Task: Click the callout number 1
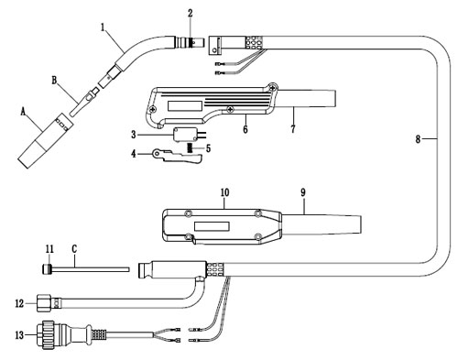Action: pyautogui.click(x=104, y=27)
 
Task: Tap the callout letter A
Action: pyautogui.click(x=23, y=112)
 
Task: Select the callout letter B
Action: pyautogui.click(x=54, y=81)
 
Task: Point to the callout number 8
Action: pyautogui.click(x=418, y=139)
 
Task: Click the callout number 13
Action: pyautogui.click(x=19, y=335)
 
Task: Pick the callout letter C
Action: pyautogui.click(x=74, y=249)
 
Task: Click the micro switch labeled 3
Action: pyautogui.click(x=186, y=135)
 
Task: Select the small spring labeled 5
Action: pyautogui.click(x=190, y=148)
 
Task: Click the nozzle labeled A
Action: pyautogui.click(x=46, y=141)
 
